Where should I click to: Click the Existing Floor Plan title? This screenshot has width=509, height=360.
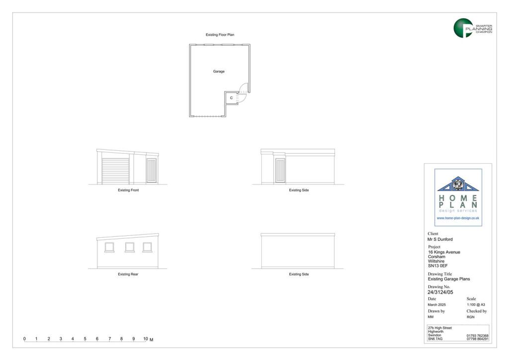(x=220, y=35)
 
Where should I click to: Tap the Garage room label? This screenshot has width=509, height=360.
(x=219, y=72)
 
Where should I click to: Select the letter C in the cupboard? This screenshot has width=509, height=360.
(x=232, y=98)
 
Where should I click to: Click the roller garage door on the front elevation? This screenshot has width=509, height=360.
(x=115, y=171)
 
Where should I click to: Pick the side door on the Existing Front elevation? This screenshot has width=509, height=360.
(x=151, y=171)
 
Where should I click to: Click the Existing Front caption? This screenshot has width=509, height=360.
(x=128, y=190)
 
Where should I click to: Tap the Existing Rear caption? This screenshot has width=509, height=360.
(x=128, y=274)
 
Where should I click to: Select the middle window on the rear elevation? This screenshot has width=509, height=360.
(x=130, y=247)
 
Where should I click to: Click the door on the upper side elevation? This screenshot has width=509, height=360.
(x=280, y=171)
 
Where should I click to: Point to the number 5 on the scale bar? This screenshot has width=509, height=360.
(x=85, y=339)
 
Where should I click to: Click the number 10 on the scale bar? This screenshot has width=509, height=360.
(x=146, y=339)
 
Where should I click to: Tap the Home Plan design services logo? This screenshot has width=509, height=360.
(x=458, y=197)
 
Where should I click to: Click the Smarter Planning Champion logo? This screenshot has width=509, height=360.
(x=473, y=28)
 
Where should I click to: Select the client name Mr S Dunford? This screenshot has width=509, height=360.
(x=440, y=239)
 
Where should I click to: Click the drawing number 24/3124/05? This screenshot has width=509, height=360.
(x=440, y=292)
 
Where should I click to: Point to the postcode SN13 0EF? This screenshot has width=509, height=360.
(x=437, y=266)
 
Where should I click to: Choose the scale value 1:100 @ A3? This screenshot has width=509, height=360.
(x=476, y=305)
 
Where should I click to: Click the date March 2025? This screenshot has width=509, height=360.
(x=436, y=305)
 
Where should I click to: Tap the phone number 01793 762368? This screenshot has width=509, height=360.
(x=478, y=336)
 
